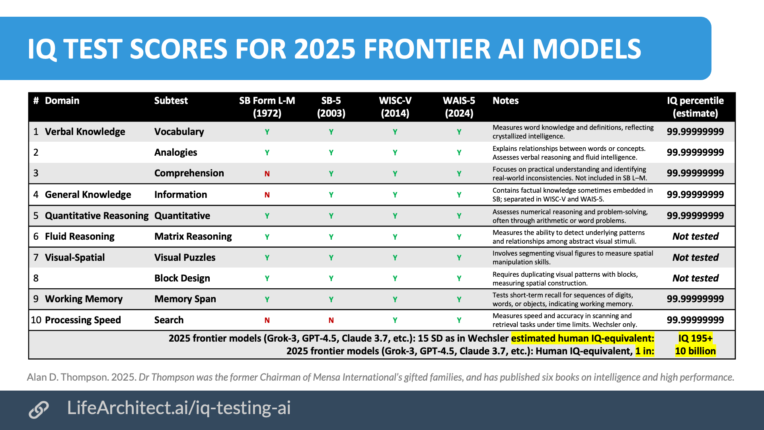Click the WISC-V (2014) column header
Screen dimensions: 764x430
395,107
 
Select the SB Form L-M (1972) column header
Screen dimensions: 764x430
267,107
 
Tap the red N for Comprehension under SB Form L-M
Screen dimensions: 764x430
267,174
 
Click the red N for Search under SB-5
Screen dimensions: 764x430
331,320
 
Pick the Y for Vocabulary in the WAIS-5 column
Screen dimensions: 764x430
459,132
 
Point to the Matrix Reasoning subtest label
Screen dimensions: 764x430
193,236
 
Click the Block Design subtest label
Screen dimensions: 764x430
182,278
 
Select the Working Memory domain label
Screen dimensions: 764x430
84,299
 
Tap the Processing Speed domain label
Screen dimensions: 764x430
83,320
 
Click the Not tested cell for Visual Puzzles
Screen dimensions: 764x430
696,258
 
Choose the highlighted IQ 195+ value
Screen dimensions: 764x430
696,338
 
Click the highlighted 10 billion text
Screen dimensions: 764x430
696,351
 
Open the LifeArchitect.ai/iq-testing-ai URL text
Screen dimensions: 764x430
179,408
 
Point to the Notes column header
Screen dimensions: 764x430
506,101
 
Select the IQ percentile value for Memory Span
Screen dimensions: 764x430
696,299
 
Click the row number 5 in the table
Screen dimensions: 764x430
36,216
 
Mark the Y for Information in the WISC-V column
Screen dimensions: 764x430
395,195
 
